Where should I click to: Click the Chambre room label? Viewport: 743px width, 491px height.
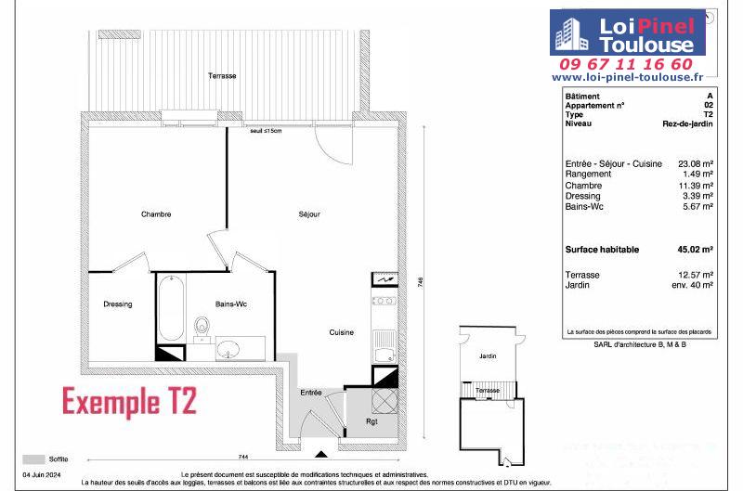coord(156,214)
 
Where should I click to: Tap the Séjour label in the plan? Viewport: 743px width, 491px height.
coord(309,214)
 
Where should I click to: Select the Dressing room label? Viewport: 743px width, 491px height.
coord(118,304)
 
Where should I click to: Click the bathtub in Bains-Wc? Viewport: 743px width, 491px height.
coord(171,308)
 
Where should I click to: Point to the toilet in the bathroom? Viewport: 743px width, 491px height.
coord(202,326)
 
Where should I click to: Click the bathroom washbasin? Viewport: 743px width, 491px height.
coord(228,350)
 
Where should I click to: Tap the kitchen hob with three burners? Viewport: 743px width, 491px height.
coord(384,301)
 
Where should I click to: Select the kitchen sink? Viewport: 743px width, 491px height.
coord(384,346)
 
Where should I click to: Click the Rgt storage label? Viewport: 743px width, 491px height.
coord(371,421)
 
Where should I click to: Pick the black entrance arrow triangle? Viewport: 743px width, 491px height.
coord(321,455)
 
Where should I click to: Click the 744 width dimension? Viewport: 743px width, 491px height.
coord(242,457)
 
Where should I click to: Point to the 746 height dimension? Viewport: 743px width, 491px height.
coord(421,282)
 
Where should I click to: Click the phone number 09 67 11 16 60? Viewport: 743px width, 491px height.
coord(626,64)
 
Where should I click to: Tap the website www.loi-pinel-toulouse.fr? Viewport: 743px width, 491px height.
coord(628,77)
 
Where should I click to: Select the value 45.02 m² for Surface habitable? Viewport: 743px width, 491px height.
coord(695,250)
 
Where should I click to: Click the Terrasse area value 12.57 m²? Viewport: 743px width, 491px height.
coord(696,275)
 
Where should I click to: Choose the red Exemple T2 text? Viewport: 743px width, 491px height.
coord(129,402)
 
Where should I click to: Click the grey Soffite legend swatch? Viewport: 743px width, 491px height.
coord(33,459)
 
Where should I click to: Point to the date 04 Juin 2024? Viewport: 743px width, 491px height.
coord(42,474)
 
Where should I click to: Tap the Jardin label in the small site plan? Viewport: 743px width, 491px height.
coord(488,355)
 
